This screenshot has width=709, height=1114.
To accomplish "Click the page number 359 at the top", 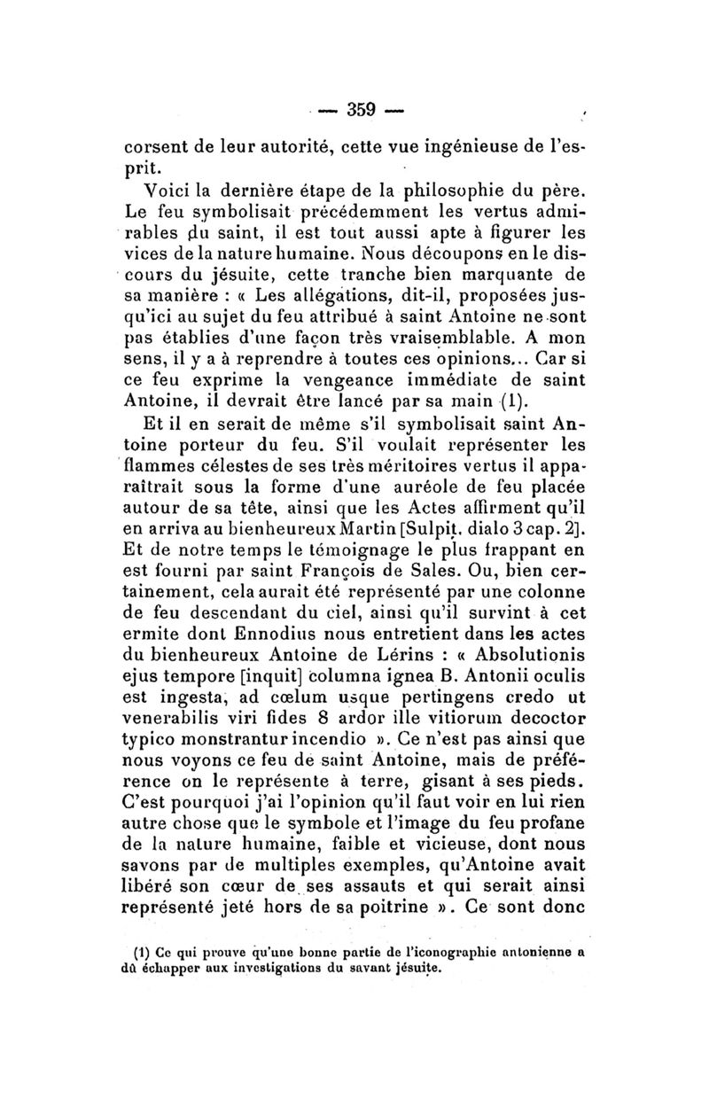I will click(362, 110).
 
